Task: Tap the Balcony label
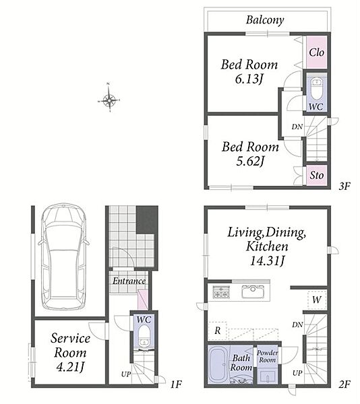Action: click(x=265, y=20)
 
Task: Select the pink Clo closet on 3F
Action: click(x=317, y=53)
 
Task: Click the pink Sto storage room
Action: click(x=317, y=175)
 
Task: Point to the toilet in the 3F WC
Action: click(x=316, y=88)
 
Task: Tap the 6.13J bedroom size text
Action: click(x=249, y=79)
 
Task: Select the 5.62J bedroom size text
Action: click(x=250, y=162)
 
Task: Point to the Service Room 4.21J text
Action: click(x=70, y=352)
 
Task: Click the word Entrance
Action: click(x=129, y=281)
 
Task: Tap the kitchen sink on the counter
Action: click(x=253, y=292)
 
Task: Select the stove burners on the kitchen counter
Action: click(x=221, y=292)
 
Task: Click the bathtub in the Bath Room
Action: click(x=218, y=365)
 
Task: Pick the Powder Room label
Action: click(x=268, y=356)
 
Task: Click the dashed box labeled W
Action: click(x=317, y=300)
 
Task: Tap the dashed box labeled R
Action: click(x=217, y=331)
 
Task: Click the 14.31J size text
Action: click(x=267, y=261)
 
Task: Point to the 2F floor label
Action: click(x=344, y=384)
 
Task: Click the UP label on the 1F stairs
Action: click(x=126, y=374)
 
